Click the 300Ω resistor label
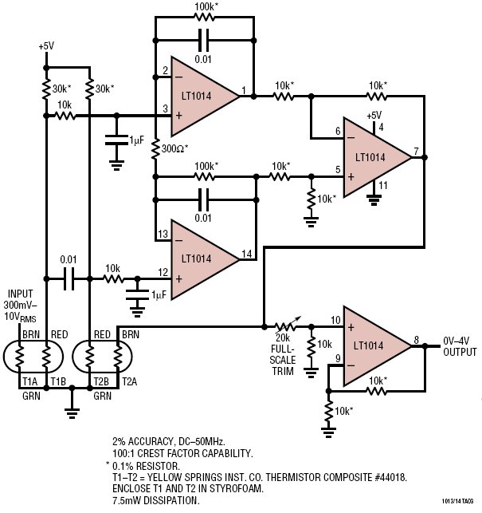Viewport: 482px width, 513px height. pos(174,149)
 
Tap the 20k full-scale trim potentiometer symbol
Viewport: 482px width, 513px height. pos(287,326)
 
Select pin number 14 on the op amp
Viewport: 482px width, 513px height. pos(247,254)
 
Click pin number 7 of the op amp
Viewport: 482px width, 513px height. pos(416,151)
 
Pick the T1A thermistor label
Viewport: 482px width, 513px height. pos(29,381)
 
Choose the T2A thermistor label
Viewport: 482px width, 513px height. pos(130,381)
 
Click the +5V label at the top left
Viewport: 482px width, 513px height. pos(46,46)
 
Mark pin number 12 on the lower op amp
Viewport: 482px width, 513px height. pos(163,272)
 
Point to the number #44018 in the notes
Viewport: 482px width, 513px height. pos(389,477)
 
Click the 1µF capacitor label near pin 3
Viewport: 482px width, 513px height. pos(136,140)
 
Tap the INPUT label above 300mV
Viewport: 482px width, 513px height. pos(20,294)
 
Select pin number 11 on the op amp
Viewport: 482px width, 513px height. pos(383,186)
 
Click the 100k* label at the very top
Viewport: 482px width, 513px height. pos(206,6)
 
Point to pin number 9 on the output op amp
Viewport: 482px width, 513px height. pos(339,359)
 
